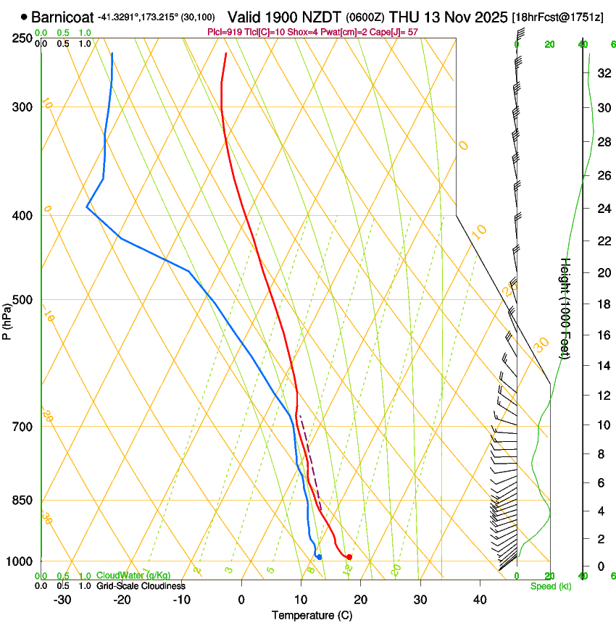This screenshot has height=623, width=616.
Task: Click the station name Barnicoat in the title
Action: coord(62,17)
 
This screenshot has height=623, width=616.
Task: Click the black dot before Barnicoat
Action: coord(25,17)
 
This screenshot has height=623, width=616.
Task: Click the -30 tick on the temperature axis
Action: coord(62,600)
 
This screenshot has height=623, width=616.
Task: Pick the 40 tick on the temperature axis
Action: coord(479,600)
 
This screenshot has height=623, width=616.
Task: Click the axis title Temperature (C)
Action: coord(312,615)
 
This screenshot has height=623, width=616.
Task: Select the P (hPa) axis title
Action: coord(7,319)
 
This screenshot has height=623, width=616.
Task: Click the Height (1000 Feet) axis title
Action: coord(566,308)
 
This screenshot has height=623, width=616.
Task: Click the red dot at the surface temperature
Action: coord(349,557)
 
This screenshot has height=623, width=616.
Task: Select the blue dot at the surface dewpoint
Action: coord(319,557)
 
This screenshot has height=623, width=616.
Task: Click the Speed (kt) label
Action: coord(550,586)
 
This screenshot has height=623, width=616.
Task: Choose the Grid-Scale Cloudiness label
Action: coord(141,586)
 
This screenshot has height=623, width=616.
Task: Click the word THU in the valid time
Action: coord(403,16)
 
